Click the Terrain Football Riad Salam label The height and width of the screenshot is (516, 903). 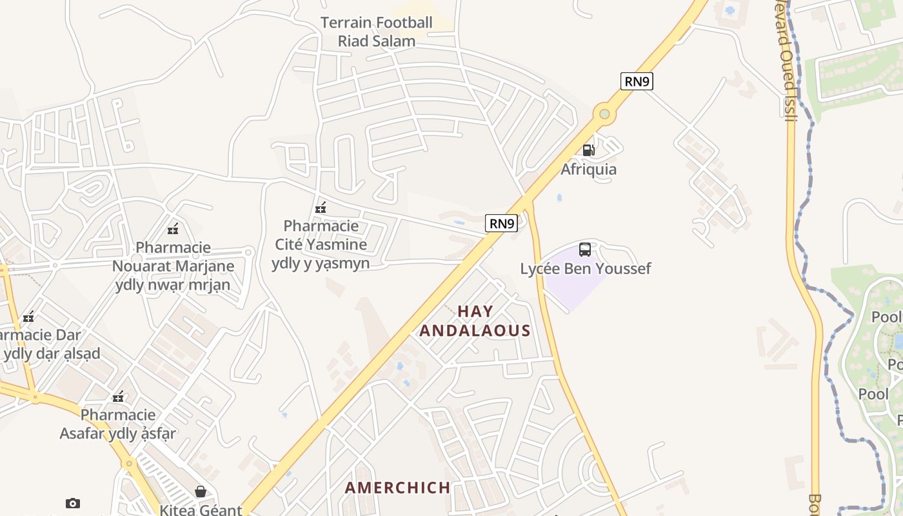pos(377,32)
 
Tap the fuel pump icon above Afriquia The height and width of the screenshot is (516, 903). pos(588,150)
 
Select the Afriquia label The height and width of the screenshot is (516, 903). pos(588,170)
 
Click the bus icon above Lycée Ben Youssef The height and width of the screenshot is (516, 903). pos(585,250)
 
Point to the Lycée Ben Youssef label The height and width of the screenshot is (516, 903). pos(586,268)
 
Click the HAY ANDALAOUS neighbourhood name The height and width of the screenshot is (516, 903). pos(475,321)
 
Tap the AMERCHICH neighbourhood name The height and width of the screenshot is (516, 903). pos(398,488)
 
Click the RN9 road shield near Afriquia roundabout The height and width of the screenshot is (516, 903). pos(637,81)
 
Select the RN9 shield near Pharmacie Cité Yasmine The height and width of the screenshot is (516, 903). pos(501,224)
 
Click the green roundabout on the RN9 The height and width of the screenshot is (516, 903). pos(604,114)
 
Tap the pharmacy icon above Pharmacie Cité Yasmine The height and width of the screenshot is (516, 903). pos(320,208)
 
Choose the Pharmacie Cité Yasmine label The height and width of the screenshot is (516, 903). pos(321,244)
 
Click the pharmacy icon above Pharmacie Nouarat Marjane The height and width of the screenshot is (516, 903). pos(173,228)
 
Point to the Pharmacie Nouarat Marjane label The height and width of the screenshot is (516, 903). pos(173,266)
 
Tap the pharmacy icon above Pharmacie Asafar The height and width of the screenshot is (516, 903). pos(118,397)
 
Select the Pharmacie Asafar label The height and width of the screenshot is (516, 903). pos(118,424)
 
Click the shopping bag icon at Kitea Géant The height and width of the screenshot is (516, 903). pos(201,491)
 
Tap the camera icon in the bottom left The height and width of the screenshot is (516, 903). pos(73,503)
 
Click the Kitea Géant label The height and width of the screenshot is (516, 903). pos(201,510)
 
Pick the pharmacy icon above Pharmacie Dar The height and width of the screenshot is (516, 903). pos(28,317)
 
